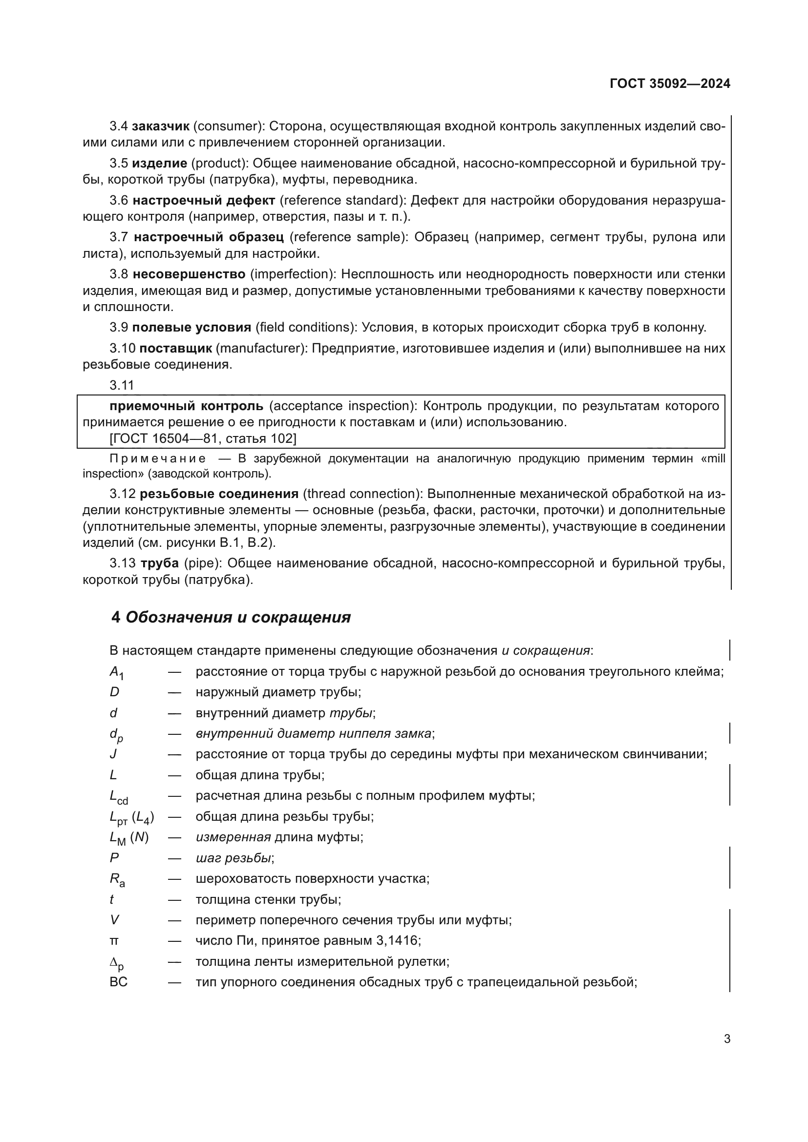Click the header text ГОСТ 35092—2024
(670, 83)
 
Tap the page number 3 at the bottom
(727, 1039)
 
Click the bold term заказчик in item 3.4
(161, 126)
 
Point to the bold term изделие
(160, 163)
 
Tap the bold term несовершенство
(190, 274)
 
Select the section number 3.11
(122, 385)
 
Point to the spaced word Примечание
(157, 458)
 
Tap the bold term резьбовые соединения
(219, 494)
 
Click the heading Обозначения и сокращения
(238, 617)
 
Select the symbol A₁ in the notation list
(116, 672)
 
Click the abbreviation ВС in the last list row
(118, 982)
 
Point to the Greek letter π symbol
(114, 941)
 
